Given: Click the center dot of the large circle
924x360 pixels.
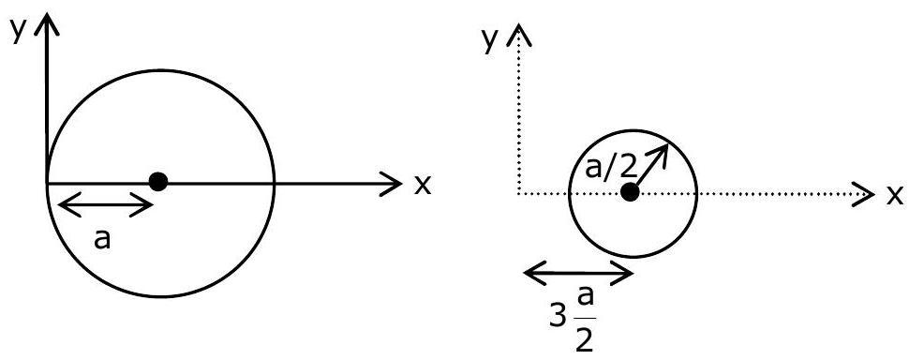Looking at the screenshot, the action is click(x=158, y=182).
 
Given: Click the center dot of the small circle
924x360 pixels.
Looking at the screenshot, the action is click(x=630, y=192).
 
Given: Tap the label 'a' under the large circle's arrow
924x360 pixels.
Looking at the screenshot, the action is click(x=102, y=240).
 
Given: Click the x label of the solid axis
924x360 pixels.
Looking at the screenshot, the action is click(x=422, y=185).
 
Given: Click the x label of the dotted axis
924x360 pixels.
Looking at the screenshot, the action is click(x=895, y=195).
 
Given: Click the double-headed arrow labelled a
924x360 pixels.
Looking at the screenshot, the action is click(x=106, y=205).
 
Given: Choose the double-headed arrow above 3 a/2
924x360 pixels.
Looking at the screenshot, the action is click(x=578, y=273).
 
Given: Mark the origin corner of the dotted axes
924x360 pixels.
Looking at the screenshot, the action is click(x=517, y=193).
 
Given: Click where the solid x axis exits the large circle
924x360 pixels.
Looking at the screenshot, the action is click(x=274, y=183).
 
